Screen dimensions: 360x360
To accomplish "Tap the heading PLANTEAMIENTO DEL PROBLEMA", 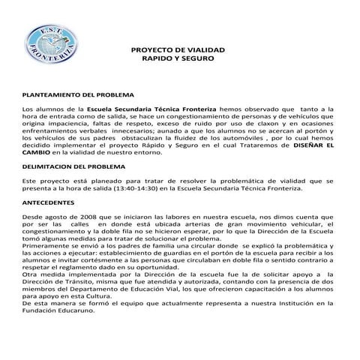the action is pyautogui.click(x=78, y=96).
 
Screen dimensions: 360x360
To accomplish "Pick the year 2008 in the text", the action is pyautogui.click(x=88, y=215).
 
